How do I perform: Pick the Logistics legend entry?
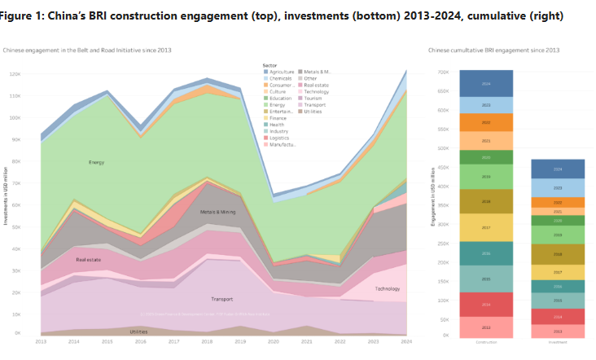pyautogui.click(x=282, y=137)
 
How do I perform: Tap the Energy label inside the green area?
pyautogui.click(x=96, y=162)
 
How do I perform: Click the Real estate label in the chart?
pyautogui.click(x=87, y=260)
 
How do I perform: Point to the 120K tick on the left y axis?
pyautogui.click(x=14, y=73)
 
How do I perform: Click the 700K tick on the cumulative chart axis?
pyautogui.click(x=443, y=72)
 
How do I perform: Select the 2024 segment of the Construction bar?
pyautogui.click(x=485, y=84)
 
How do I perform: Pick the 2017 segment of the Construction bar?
pyautogui.click(x=485, y=227)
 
